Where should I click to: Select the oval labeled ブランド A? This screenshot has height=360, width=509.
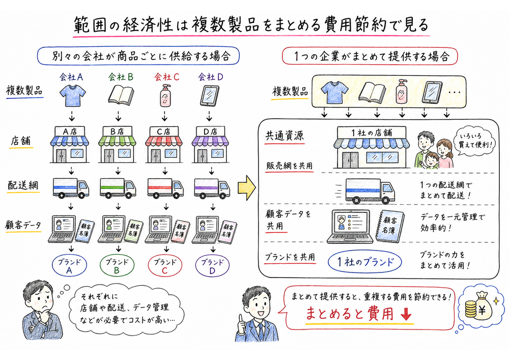[71, 265]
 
